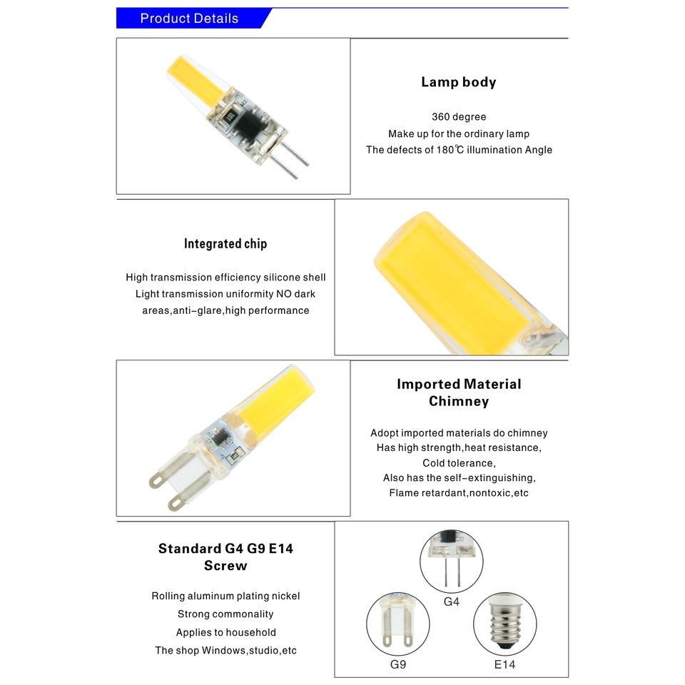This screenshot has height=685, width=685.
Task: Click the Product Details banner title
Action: (189, 19)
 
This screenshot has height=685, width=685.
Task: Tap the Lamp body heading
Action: (459, 82)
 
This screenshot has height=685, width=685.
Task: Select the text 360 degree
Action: (459, 116)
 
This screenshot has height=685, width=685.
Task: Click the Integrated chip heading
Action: (225, 244)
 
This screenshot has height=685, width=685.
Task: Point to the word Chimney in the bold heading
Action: (459, 401)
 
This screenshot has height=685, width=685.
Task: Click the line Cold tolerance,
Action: (459, 463)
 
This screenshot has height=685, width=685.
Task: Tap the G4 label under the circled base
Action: (451, 602)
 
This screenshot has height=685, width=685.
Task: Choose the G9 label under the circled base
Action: (398, 664)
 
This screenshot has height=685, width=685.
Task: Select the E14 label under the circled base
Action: (504, 664)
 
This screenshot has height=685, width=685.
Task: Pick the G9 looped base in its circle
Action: (397, 620)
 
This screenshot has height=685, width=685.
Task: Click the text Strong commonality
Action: (225, 614)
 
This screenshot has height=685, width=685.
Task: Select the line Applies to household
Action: (226, 632)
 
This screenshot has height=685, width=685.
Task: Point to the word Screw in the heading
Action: (225, 565)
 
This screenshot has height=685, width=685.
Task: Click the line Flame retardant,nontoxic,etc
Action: (459, 493)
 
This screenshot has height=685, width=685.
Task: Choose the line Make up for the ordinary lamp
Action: (459, 133)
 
